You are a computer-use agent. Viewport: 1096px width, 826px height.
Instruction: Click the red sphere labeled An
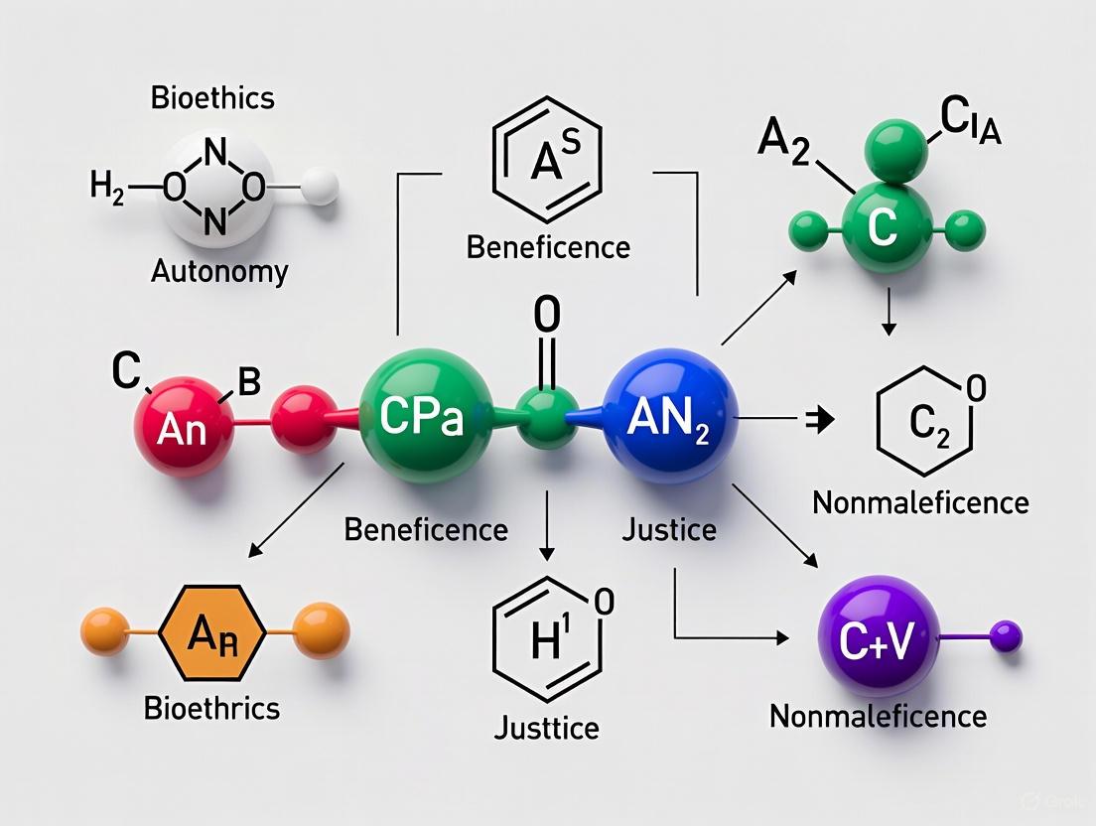click(x=184, y=426)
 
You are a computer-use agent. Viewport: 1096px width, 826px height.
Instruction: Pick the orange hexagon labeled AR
click(x=212, y=633)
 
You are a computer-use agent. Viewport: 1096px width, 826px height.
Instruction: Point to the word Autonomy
click(x=219, y=272)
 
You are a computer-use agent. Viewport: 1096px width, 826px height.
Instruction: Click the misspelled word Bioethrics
click(x=211, y=708)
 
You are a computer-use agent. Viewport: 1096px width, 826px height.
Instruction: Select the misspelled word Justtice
click(x=547, y=728)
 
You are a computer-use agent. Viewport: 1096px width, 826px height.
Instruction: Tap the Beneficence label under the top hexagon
click(x=548, y=247)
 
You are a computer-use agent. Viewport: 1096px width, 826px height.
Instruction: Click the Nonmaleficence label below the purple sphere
click(x=878, y=716)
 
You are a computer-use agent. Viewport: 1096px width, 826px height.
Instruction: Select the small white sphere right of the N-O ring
click(x=320, y=186)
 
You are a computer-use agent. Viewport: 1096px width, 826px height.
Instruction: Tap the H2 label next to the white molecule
click(x=107, y=188)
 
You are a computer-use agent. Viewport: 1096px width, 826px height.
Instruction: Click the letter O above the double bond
click(x=547, y=315)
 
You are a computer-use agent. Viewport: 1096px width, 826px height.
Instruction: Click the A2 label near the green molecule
click(x=784, y=140)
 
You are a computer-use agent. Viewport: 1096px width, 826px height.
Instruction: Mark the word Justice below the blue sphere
click(x=669, y=530)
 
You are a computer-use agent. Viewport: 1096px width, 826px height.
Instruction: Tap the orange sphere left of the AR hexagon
click(x=105, y=631)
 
